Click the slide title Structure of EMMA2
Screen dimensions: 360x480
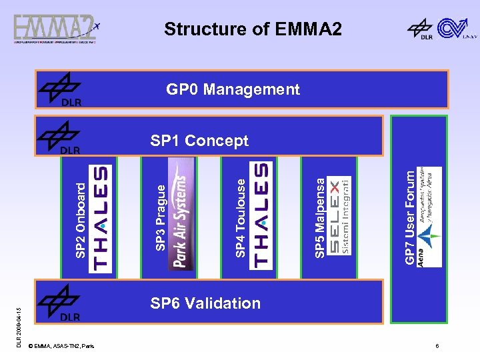coord(253,29)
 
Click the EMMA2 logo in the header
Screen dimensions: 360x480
coord(56,29)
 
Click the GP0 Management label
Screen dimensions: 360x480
coord(233,89)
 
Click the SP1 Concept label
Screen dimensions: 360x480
coord(199,141)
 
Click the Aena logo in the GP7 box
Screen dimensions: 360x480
coord(430,217)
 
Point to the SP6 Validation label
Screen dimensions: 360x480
coord(205,303)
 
